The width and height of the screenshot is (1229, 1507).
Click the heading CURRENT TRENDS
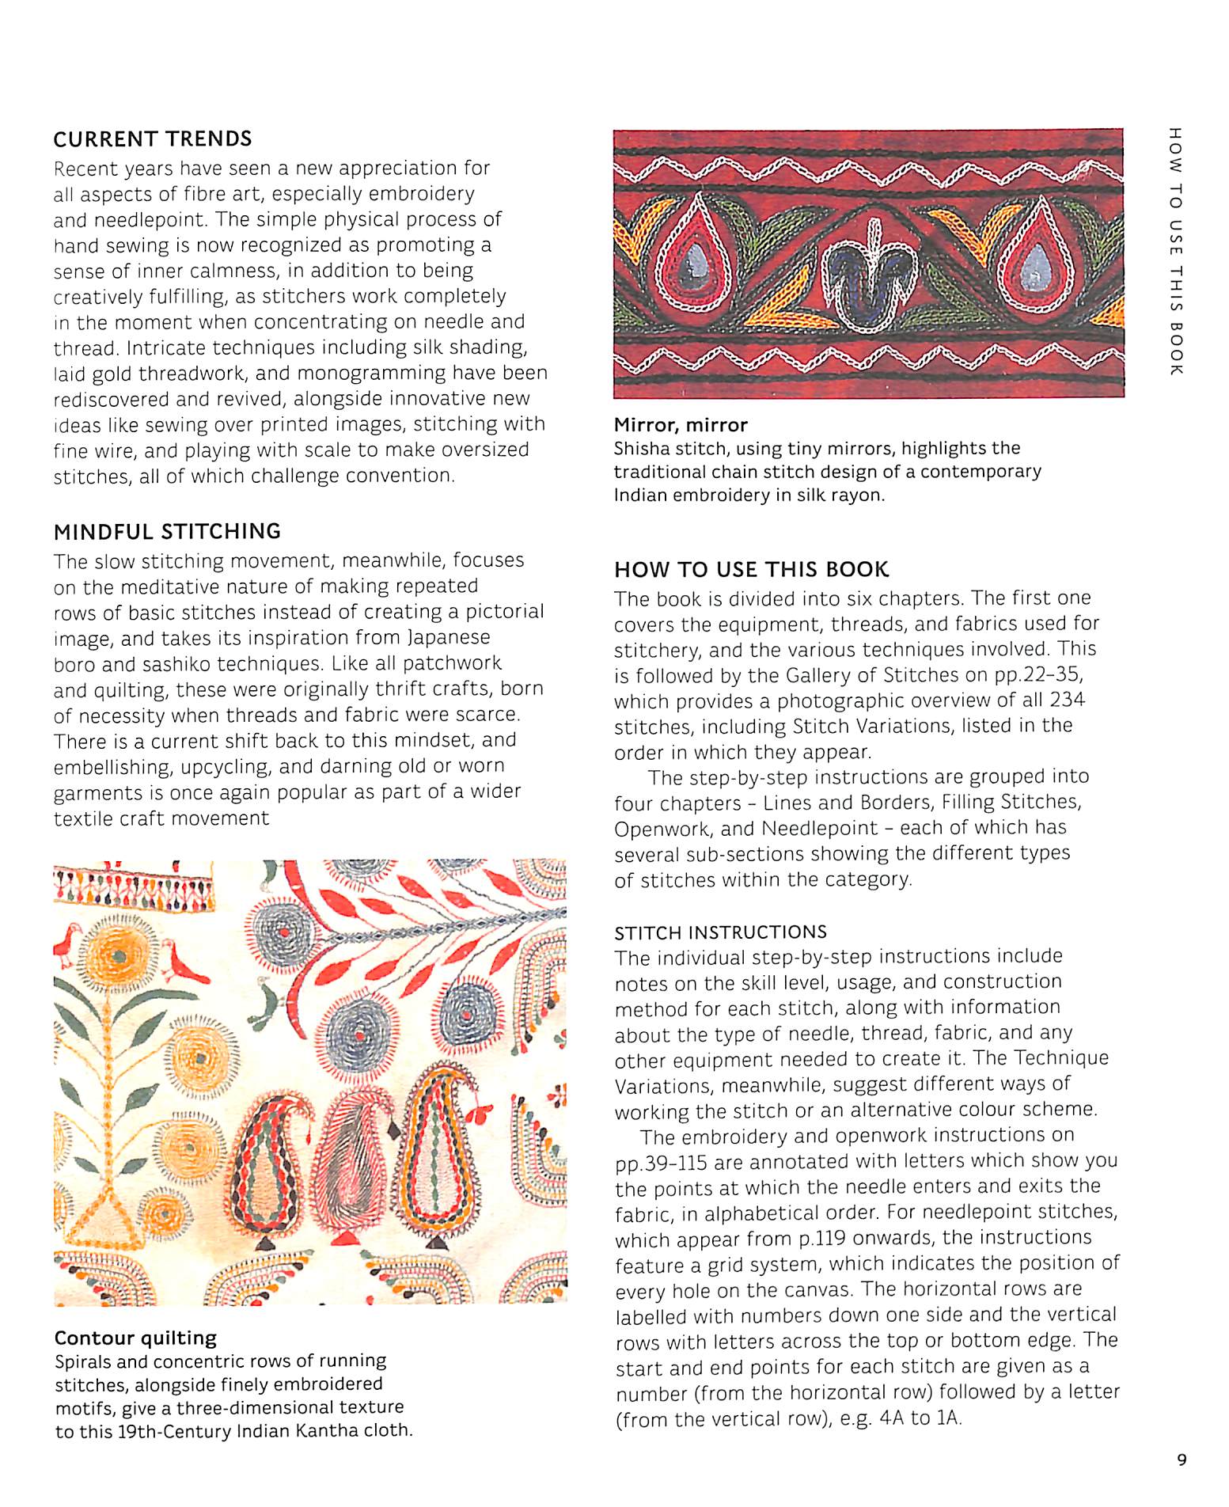(152, 139)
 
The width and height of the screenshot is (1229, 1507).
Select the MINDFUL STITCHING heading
(167, 532)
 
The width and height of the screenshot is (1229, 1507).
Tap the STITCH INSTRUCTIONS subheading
(720, 932)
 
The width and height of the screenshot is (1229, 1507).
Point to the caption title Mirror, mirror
(680, 425)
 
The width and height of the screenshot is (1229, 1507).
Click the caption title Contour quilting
(135, 1338)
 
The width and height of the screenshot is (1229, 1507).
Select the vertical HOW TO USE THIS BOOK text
(1175, 251)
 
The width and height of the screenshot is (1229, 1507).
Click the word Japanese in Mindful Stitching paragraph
(449, 638)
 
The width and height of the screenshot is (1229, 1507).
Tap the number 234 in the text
(1067, 700)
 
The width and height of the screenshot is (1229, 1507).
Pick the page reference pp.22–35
(1037, 675)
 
